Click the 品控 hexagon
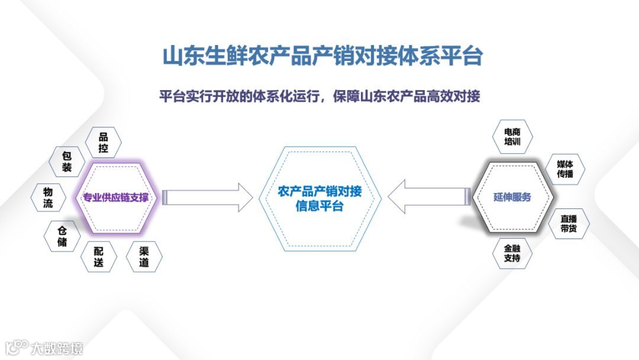[103, 143]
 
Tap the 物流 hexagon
[48, 198]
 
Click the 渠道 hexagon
[144, 256]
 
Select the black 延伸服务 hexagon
[512, 197]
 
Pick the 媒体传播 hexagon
[565, 169]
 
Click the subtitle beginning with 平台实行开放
[319, 97]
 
